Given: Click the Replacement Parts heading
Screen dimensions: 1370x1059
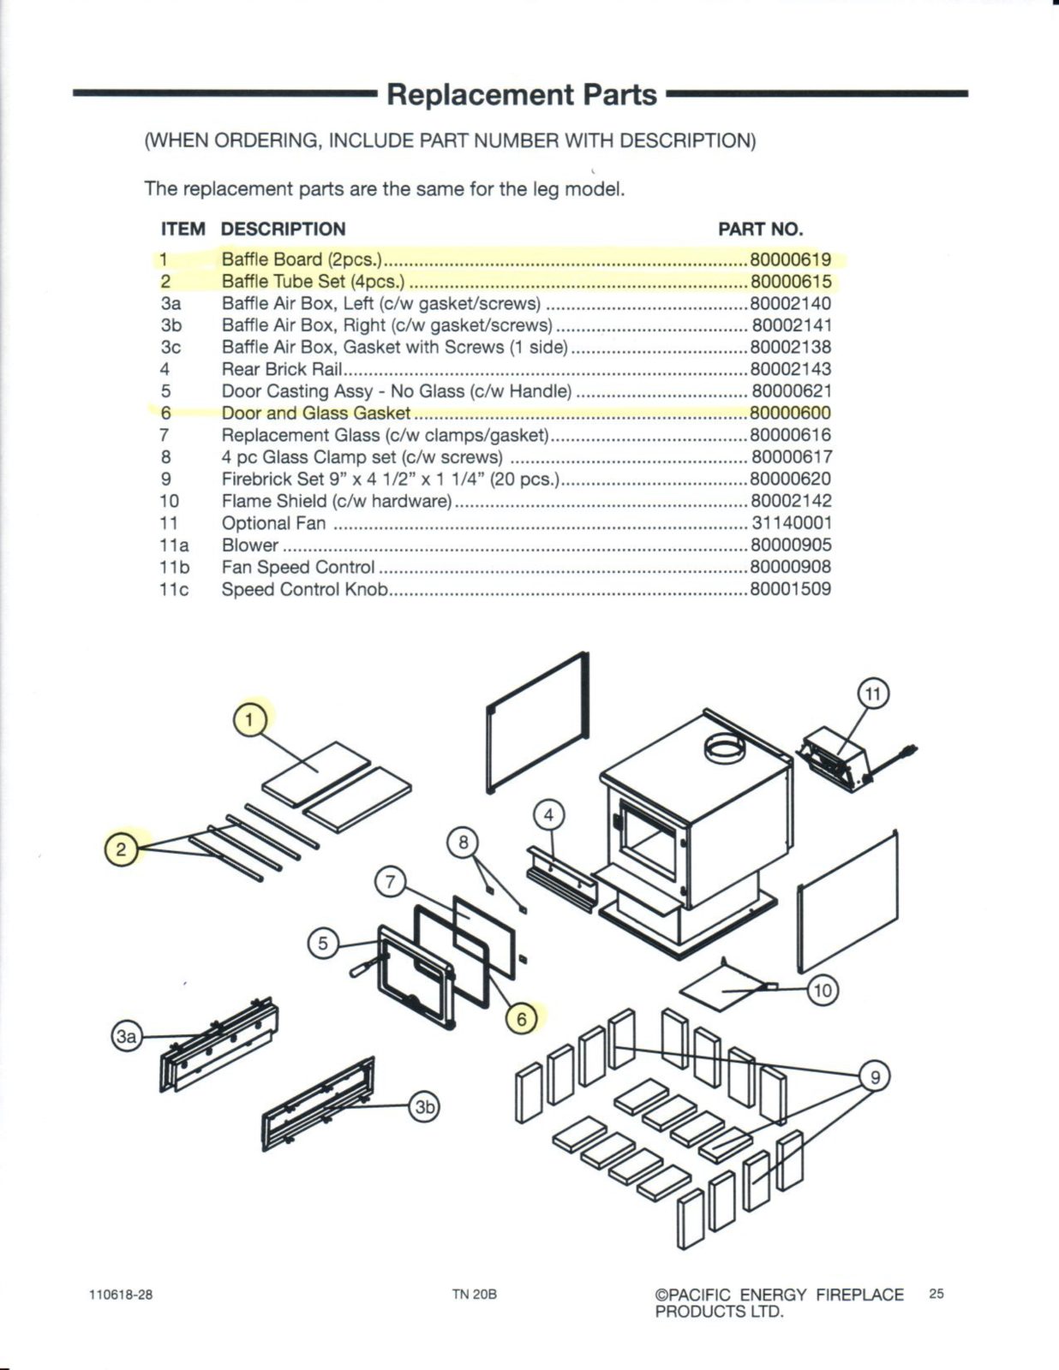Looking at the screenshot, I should click(522, 94).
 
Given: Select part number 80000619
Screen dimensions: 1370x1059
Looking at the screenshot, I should click(790, 259).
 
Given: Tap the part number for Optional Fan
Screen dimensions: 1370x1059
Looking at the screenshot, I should click(791, 522).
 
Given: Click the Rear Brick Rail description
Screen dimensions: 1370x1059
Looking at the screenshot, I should click(282, 369).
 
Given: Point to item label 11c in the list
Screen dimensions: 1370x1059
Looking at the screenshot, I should click(174, 589).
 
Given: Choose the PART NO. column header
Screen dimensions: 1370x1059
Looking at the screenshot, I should click(760, 229).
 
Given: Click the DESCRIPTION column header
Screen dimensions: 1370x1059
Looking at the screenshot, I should click(283, 229).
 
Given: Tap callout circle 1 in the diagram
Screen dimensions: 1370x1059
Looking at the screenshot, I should click(249, 720).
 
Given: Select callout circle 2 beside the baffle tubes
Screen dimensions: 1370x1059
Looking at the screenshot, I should click(121, 849).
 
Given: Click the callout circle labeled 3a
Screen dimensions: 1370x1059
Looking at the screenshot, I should click(126, 1037).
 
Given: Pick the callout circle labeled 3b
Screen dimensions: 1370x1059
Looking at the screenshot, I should click(425, 1106).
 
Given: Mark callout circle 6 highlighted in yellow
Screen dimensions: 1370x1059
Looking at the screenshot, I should click(521, 1018).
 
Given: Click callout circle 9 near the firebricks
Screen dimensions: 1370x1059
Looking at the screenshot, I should click(875, 1076).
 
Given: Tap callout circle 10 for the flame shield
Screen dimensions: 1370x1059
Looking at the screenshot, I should click(822, 991).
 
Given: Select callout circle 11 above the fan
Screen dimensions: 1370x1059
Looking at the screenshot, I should click(873, 694).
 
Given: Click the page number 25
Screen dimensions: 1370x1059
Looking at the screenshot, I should click(936, 1294).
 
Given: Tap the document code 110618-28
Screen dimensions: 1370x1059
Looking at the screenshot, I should click(121, 1295).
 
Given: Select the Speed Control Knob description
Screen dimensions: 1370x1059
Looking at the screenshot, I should click(304, 589).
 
